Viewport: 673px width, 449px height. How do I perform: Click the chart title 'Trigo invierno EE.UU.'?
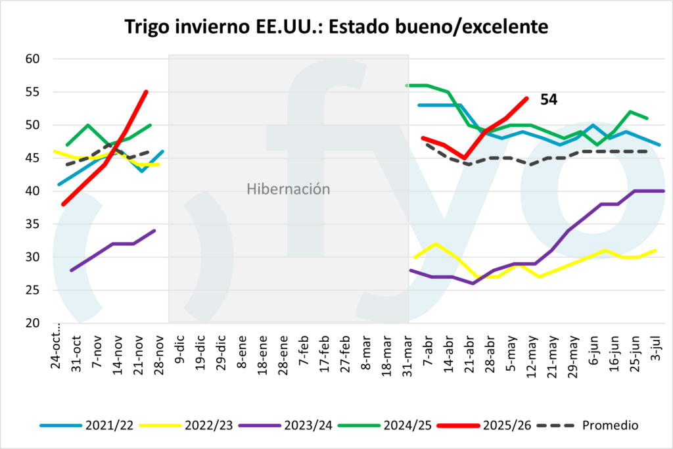(336, 27)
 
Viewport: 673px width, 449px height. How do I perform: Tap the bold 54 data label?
(549, 99)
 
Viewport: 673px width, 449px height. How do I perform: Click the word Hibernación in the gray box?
(288, 189)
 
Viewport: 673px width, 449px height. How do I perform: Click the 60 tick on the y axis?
(34, 59)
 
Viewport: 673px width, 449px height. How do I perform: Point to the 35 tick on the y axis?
(34, 224)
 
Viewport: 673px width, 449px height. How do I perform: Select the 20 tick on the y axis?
(34, 323)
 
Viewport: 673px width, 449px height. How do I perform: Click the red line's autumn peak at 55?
(146, 92)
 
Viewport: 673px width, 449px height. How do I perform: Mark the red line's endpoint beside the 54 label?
(527, 99)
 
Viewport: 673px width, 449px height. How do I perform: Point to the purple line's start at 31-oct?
(71, 270)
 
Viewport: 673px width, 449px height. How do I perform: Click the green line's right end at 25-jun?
(648, 118)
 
